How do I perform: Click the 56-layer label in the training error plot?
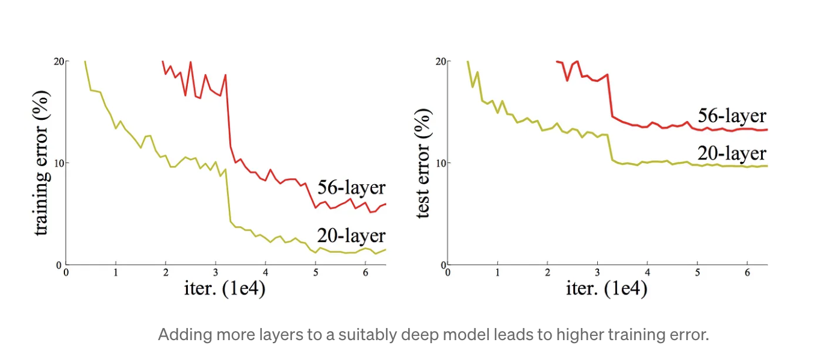coord(352,187)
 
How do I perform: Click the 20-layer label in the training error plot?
coord(352,235)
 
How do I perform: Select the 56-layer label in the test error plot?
coord(732,116)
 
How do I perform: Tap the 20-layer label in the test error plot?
coord(732,152)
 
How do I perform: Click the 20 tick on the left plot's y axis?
coord(58,61)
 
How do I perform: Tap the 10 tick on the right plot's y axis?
coord(441,163)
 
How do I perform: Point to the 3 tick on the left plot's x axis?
coord(216,273)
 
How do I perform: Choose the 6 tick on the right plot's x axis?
coord(747,273)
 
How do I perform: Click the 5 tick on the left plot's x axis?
coord(315,273)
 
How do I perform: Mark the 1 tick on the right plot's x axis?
coord(497,273)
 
